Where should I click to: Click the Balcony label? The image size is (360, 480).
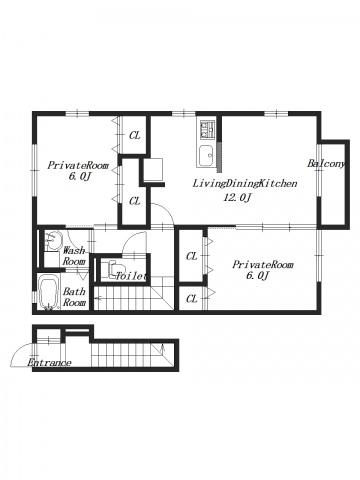(x=326, y=164)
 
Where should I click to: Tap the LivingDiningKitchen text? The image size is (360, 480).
(x=245, y=183)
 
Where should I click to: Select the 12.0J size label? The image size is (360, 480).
(x=237, y=198)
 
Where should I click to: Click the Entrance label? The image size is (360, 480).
(x=49, y=363)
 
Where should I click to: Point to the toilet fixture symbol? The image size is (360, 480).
(x=114, y=268)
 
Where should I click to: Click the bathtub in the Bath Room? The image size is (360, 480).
(x=49, y=292)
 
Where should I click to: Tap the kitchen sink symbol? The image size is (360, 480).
(x=206, y=156)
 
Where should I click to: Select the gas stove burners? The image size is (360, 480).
(x=207, y=130)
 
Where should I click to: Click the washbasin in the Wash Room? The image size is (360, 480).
(x=53, y=239)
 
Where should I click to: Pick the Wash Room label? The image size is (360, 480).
(x=74, y=256)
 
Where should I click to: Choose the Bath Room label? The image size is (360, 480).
(x=74, y=297)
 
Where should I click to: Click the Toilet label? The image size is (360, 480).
(x=131, y=276)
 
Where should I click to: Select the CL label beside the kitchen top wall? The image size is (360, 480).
(x=135, y=135)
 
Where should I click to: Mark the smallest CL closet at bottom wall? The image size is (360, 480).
(x=192, y=299)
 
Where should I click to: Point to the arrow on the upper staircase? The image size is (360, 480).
(x=96, y=298)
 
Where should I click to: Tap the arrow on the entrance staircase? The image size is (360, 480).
(x=163, y=349)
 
